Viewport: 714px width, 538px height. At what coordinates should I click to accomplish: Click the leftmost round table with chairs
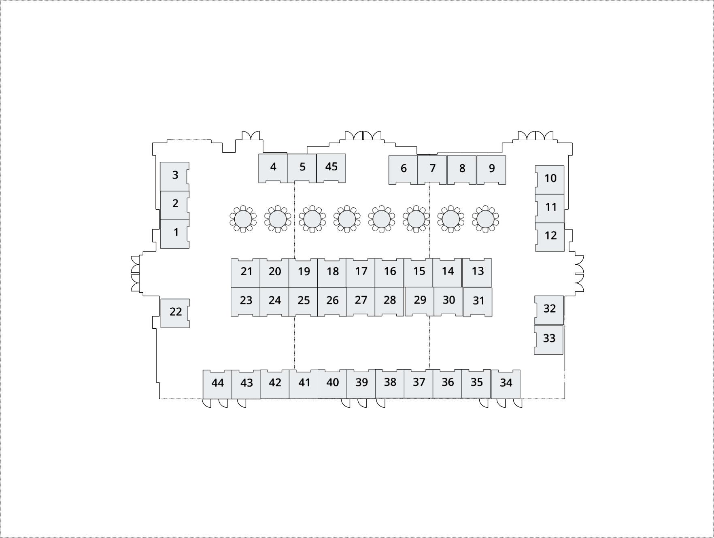click(x=243, y=219)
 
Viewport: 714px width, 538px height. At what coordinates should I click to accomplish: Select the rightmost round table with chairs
click(x=485, y=219)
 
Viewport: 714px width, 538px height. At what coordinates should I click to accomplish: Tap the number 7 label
click(x=432, y=168)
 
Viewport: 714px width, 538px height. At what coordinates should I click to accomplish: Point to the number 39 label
click(x=361, y=383)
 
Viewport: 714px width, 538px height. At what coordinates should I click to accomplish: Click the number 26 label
click(x=332, y=300)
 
